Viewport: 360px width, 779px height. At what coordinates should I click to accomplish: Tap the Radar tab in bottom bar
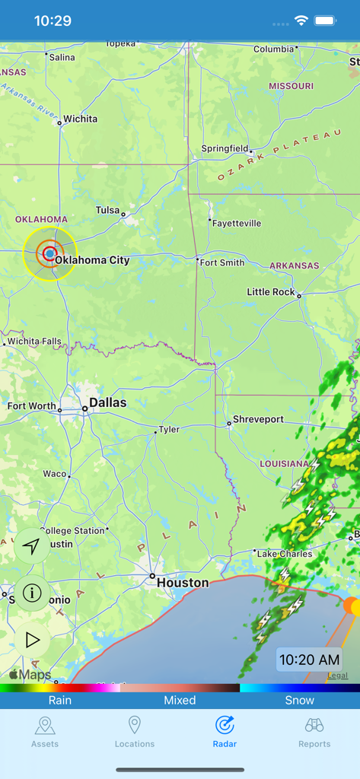pyautogui.click(x=225, y=732)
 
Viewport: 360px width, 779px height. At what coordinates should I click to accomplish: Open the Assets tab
pyautogui.click(x=45, y=732)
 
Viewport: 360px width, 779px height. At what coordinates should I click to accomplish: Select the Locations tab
pyautogui.click(x=135, y=732)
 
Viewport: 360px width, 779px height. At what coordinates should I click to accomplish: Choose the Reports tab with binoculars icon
pyautogui.click(x=314, y=732)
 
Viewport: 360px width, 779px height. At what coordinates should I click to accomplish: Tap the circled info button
pyautogui.click(x=32, y=593)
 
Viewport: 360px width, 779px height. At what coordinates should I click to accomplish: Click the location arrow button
pyautogui.click(x=32, y=546)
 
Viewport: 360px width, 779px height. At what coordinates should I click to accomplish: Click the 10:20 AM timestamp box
pyautogui.click(x=309, y=660)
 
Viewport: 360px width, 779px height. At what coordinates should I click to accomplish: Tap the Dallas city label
pyautogui.click(x=107, y=402)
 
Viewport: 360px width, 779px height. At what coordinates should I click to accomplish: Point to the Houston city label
pyautogui.click(x=182, y=583)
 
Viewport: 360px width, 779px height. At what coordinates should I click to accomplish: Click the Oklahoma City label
pyautogui.click(x=92, y=260)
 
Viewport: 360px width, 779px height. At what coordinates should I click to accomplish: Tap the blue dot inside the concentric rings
pyautogui.click(x=50, y=253)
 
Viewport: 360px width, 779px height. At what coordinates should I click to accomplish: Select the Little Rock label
pyautogui.click(x=270, y=292)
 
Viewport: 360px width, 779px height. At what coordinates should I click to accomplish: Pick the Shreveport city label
pyautogui.click(x=258, y=419)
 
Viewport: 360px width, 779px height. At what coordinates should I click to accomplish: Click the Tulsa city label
pyautogui.click(x=107, y=210)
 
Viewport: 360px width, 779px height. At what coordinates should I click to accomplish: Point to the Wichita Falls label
pyautogui.click(x=34, y=342)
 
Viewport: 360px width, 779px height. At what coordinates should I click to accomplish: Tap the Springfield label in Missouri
pyautogui.click(x=225, y=148)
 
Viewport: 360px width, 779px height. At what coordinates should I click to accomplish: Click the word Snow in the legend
pyautogui.click(x=299, y=700)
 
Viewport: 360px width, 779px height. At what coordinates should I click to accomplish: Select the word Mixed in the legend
pyautogui.click(x=180, y=700)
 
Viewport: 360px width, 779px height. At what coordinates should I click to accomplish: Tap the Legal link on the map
pyautogui.click(x=337, y=676)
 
